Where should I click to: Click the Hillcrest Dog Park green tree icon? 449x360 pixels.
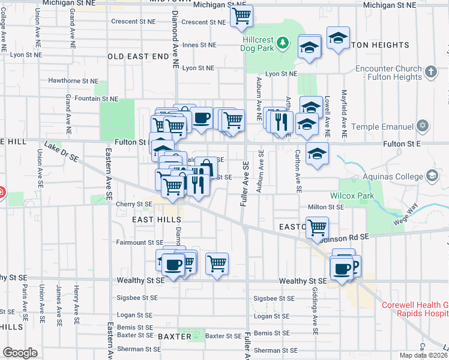[x=283, y=42]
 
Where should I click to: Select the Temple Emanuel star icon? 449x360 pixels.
[x=423, y=127]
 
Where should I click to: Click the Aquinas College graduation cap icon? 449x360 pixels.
[x=431, y=176]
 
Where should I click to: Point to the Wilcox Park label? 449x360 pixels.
[x=352, y=196]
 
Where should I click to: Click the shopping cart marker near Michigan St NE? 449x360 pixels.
[x=241, y=16]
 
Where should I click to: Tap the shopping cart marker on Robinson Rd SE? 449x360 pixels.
[x=316, y=227]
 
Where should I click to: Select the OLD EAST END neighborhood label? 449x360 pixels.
[x=138, y=56]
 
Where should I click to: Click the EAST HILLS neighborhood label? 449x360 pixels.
[x=144, y=221]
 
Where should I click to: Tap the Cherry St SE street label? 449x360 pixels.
[x=134, y=204]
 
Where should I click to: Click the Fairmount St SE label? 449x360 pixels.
[x=139, y=242]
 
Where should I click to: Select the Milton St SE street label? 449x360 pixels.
[x=325, y=207]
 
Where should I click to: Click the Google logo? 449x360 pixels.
[x=20, y=353]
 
